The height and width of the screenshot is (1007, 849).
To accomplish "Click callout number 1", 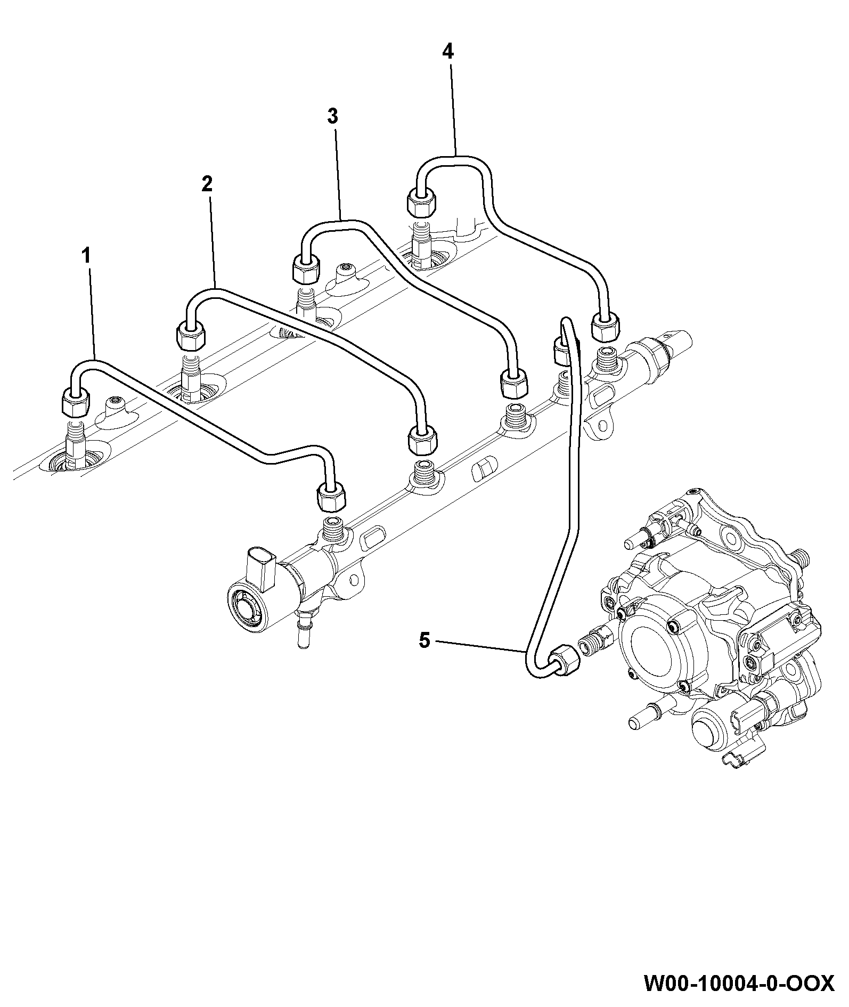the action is pyautogui.click(x=85, y=256).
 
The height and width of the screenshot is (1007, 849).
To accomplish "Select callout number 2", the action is pyautogui.click(x=207, y=184).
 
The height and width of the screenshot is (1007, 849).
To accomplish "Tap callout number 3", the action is pyautogui.click(x=332, y=116).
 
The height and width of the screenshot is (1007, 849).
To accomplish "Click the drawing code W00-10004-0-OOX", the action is pyautogui.click(x=739, y=984).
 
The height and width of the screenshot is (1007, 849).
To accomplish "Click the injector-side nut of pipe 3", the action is pyautogui.click(x=307, y=270).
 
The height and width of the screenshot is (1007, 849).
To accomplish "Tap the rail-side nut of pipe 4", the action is pyautogui.click(x=605, y=327).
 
